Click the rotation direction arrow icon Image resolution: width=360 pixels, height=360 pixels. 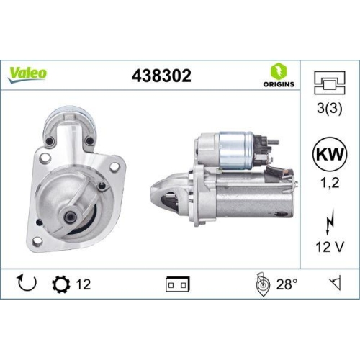click(x=26, y=284)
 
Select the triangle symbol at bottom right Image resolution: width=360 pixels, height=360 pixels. click(x=332, y=284)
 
